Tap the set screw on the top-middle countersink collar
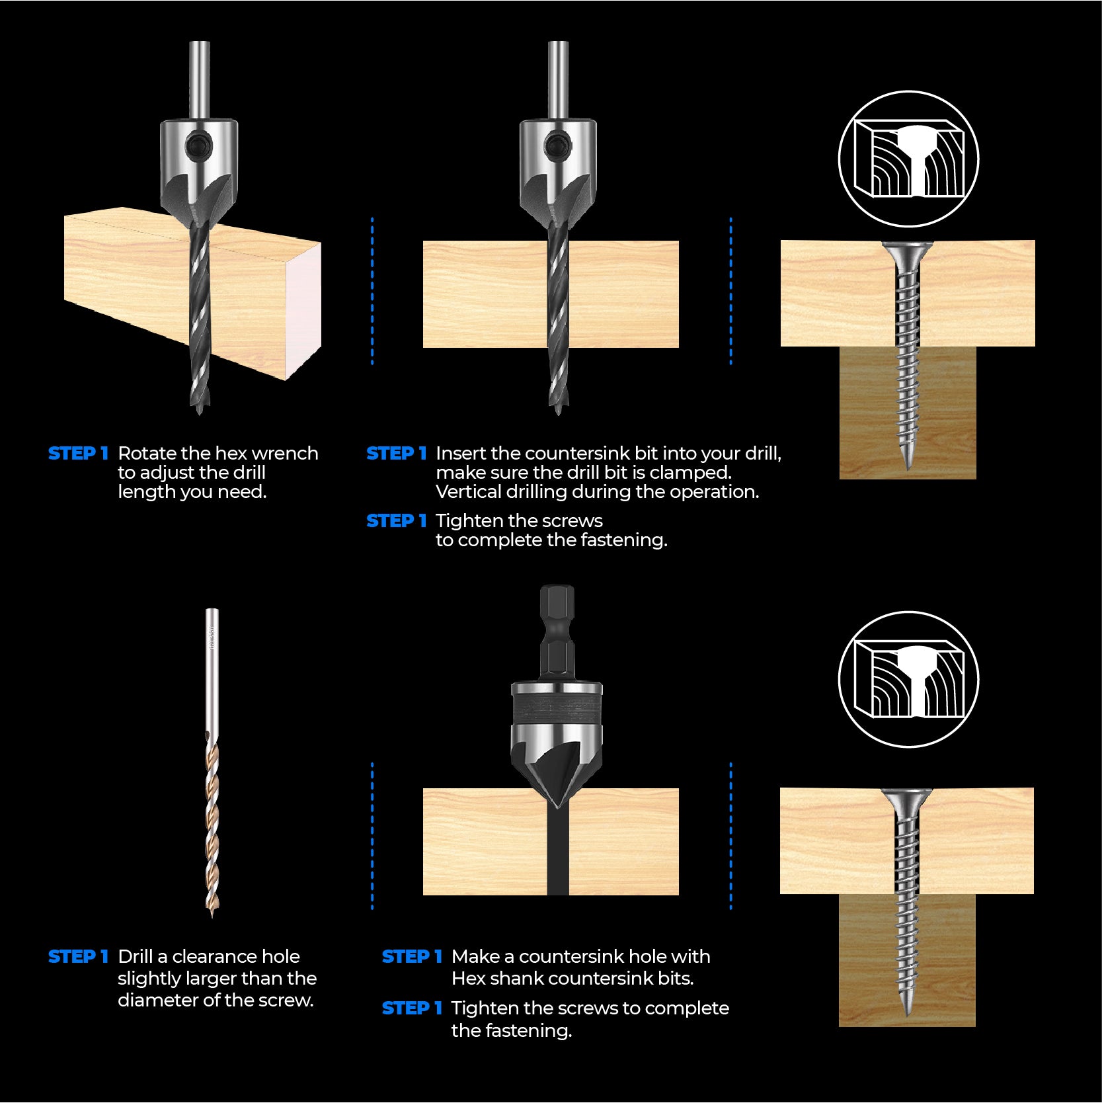[x=557, y=143]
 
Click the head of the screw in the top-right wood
[x=908, y=251]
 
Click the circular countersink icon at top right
[x=908, y=159]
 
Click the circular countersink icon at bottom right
[x=908, y=680]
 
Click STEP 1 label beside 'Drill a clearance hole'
[x=78, y=957]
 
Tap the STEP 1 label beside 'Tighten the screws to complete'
[x=412, y=1008]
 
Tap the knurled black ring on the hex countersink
[x=557, y=712]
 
